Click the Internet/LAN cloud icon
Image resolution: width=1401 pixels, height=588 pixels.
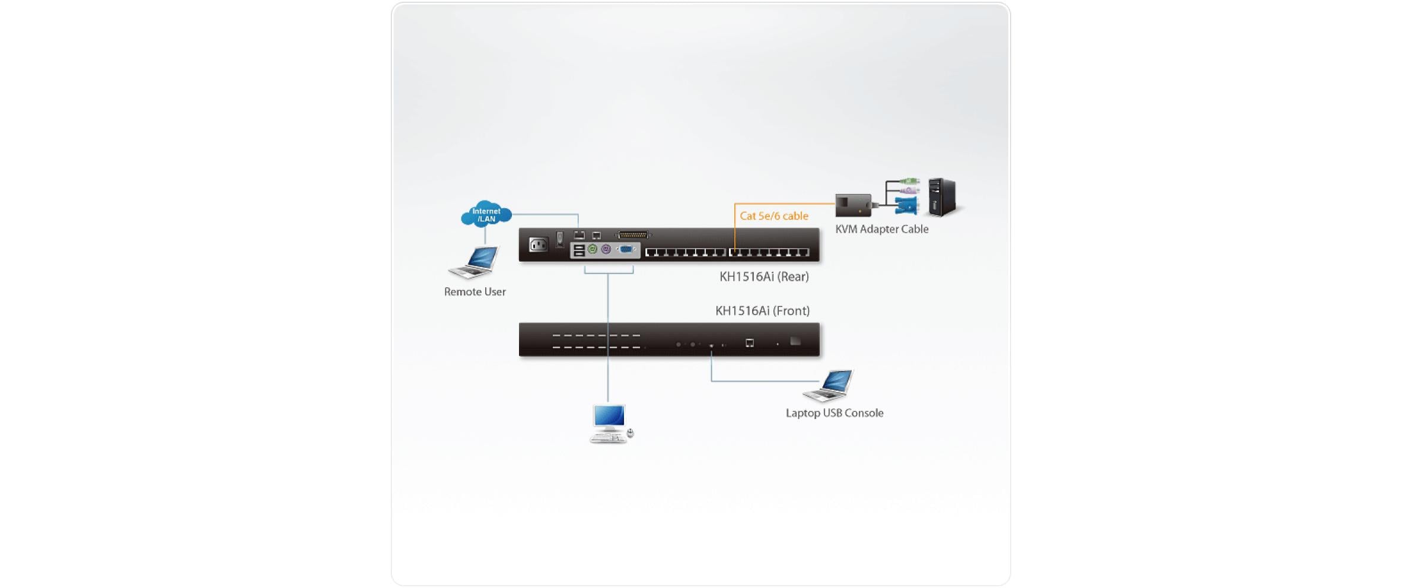tap(486, 214)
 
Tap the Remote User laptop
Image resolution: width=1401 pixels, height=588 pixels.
tap(475, 262)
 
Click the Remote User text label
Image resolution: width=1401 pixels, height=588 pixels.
tap(475, 291)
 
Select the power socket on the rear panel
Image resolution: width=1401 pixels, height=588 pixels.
tap(538, 244)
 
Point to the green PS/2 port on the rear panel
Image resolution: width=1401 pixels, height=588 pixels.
tap(592, 250)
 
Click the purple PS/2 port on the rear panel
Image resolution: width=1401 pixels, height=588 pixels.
tap(606, 250)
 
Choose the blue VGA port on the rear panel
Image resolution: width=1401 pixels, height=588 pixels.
tap(626, 250)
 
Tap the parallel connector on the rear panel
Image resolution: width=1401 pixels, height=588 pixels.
tap(633, 235)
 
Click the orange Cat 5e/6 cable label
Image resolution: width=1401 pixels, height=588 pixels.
tap(773, 216)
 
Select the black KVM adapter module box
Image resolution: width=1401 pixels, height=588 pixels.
tap(853, 205)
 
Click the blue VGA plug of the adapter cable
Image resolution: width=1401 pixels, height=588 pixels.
tap(906, 205)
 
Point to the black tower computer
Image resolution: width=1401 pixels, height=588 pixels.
tap(943, 197)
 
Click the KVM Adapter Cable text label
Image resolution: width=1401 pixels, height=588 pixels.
tap(881, 229)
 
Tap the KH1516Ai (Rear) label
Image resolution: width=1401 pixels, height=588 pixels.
tap(764, 276)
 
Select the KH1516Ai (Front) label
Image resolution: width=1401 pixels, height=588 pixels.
tap(762, 311)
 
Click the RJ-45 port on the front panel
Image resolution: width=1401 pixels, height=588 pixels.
tap(750, 343)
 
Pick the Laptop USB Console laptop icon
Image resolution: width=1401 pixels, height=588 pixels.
tap(829, 384)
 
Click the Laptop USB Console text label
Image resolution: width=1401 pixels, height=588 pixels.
tap(834, 413)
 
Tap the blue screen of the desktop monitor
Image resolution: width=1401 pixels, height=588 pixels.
tap(609, 415)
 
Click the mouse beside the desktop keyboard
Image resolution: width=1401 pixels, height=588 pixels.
tap(630, 434)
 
